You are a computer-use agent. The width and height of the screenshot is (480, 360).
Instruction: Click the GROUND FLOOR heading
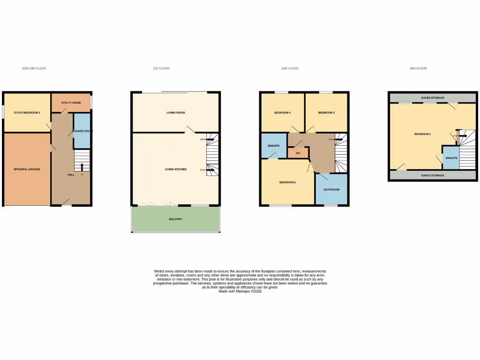[x=34, y=68]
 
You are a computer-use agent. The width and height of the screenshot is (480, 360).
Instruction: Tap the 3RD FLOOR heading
[x=418, y=68]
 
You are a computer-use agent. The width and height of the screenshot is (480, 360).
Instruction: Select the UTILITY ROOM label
[x=71, y=103]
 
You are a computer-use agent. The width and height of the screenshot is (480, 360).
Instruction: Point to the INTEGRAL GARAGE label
[x=27, y=169]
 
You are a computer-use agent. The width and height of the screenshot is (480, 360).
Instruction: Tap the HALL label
[x=71, y=175]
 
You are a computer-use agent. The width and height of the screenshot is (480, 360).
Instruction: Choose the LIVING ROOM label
[x=176, y=113]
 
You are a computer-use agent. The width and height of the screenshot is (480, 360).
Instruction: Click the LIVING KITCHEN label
[x=176, y=169]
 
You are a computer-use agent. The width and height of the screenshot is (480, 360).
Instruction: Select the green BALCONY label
[x=176, y=219]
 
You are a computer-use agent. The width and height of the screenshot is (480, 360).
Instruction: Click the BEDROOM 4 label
[x=283, y=113]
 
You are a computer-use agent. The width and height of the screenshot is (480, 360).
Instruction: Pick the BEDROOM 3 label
[x=326, y=113]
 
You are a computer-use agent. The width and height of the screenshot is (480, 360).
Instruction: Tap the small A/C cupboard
[x=298, y=153]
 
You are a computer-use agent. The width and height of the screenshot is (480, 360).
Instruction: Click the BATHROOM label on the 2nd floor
[x=331, y=189]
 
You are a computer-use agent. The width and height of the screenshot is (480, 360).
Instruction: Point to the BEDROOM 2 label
[x=287, y=182]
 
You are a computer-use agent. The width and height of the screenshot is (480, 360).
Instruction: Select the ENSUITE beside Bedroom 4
[x=274, y=146]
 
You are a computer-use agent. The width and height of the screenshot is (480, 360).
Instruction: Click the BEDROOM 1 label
[x=422, y=135]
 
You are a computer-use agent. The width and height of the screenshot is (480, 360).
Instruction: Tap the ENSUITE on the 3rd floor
[x=451, y=158]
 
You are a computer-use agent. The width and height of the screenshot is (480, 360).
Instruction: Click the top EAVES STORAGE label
[x=433, y=98]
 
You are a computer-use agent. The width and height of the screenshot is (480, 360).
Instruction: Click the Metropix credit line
[x=240, y=292]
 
